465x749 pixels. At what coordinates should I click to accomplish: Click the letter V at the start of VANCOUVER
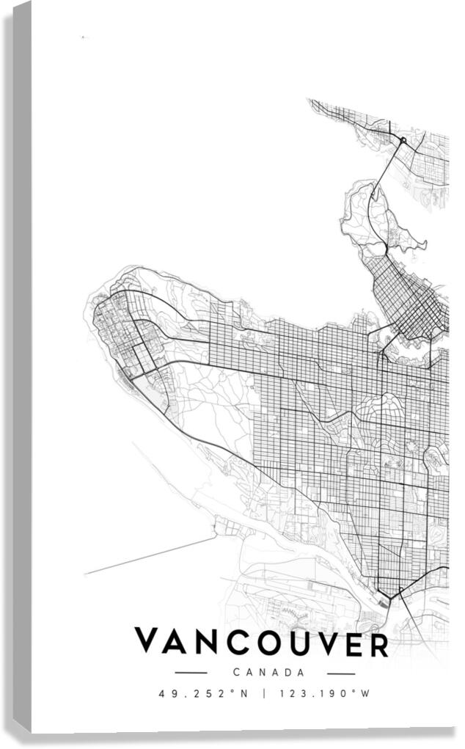(x=148, y=642)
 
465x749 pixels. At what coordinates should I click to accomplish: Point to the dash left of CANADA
(x=191, y=673)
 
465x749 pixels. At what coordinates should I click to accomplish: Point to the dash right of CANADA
(x=341, y=673)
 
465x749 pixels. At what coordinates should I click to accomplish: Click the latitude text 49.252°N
(x=206, y=693)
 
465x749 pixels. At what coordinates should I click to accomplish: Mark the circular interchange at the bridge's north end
(x=403, y=139)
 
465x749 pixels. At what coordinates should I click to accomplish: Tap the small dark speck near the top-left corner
(x=83, y=36)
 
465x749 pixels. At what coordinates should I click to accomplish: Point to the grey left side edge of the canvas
(x=22, y=367)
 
